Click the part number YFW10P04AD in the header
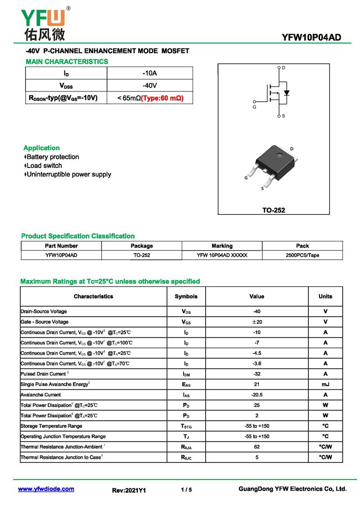pyautogui.click(x=311, y=37)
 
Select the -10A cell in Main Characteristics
pyautogui.click(x=149, y=73)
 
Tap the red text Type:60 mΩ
pyautogui.click(x=162, y=98)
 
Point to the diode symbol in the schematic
pyautogui.click(x=287, y=93)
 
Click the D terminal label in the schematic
pyautogui.click(x=283, y=68)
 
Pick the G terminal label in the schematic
pyautogui.click(x=254, y=107)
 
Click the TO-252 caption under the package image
pyautogui.click(x=274, y=210)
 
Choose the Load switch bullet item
pyautogui.click(x=44, y=166)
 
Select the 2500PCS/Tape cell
pyautogui.click(x=302, y=255)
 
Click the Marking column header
pyautogui.click(x=222, y=246)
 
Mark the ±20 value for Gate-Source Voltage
pyautogui.click(x=257, y=322)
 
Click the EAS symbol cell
pyautogui.click(x=186, y=385)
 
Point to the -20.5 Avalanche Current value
pyautogui.click(x=257, y=395)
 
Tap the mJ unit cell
pyautogui.click(x=325, y=385)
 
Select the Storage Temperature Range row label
pyautogui.click(x=51, y=426)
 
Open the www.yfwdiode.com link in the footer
pyautogui.click(x=46, y=489)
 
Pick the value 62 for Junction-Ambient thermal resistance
pyautogui.click(x=257, y=447)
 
